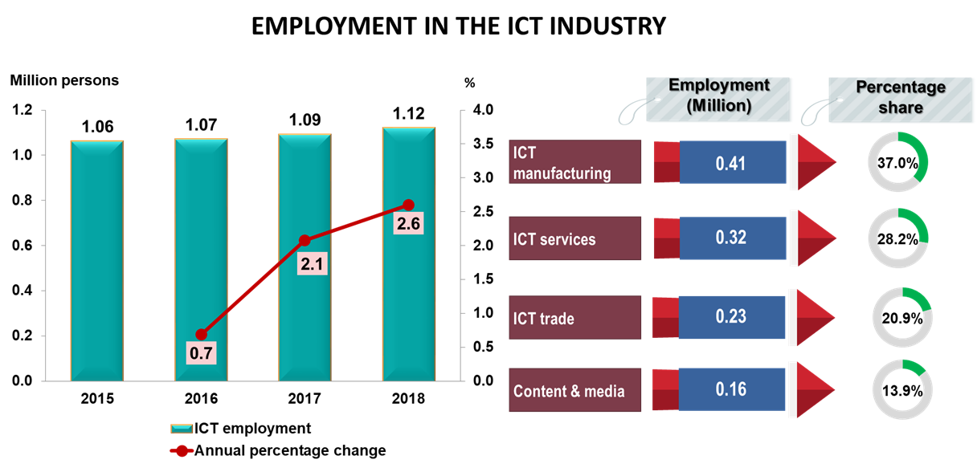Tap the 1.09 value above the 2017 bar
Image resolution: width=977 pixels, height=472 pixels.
[x=305, y=120]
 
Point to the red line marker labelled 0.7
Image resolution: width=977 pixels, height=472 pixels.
[x=202, y=335]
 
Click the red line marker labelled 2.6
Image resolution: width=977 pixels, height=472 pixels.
[x=408, y=205]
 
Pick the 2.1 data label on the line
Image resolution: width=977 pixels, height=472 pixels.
[x=305, y=263]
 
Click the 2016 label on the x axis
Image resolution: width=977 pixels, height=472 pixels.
[x=201, y=398]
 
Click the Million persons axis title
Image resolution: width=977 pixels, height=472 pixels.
[x=64, y=80]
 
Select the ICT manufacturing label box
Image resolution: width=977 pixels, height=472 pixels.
[x=575, y=162]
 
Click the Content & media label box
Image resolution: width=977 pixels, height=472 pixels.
[x=575, y=391]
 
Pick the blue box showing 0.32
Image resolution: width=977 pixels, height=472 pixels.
[x=732, y=238]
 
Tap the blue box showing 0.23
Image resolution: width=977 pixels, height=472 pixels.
[x=732, y=317]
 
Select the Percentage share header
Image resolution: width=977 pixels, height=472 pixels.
[x=900, y=97]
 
